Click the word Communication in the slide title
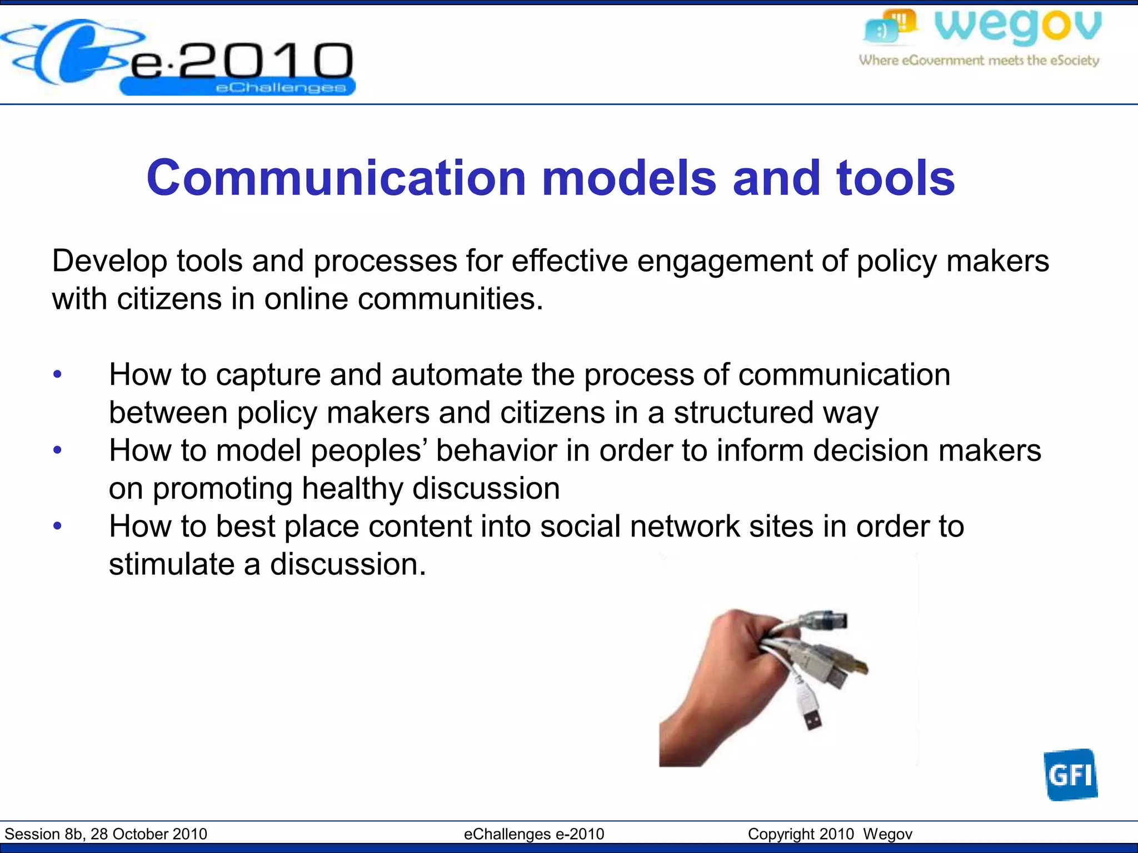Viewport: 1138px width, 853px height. click(336, 178)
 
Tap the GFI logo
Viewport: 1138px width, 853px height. click(1070, 775)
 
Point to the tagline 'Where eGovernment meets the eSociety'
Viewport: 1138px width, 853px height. click(979, 61)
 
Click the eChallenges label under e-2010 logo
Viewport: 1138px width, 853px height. click(281, 88)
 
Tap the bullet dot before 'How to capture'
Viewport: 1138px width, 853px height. click(57, 375)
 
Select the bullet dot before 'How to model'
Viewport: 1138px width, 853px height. click(57, 450)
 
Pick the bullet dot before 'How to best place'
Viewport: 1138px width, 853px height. click(57, 526)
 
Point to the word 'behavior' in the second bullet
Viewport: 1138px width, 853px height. click(496, 450)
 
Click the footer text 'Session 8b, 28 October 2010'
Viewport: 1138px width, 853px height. click(106, 834)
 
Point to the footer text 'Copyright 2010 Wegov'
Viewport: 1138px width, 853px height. click(830, 834)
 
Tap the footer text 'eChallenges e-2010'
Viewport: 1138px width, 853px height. click(534, 834)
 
